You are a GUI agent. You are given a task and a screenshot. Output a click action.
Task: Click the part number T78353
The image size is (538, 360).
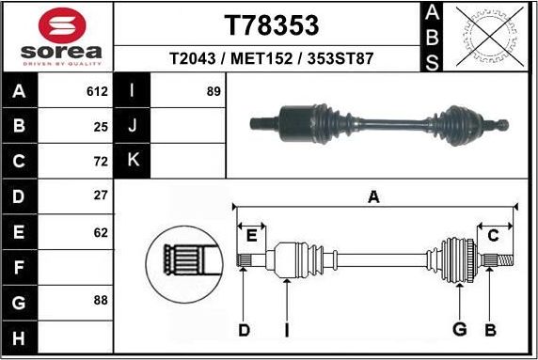point(271,24)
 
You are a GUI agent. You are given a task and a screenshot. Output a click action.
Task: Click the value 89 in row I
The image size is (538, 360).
point(214,92)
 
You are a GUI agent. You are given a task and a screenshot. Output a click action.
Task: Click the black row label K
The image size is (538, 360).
point(133,160)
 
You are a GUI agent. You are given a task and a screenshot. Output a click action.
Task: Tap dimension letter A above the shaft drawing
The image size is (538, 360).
point(373,197)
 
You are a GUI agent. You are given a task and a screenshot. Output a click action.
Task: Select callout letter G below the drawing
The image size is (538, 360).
point(459,329)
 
